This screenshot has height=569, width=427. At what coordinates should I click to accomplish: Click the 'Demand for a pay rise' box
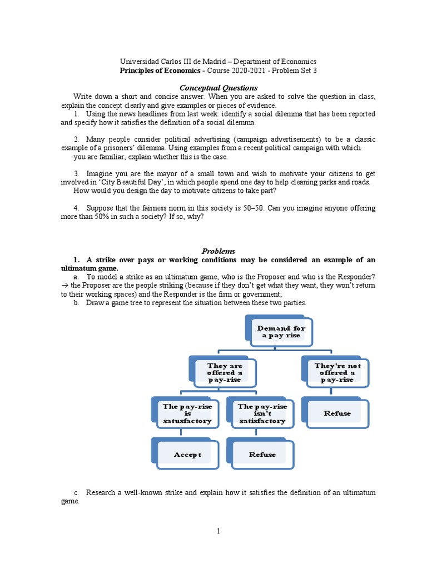point(281,332)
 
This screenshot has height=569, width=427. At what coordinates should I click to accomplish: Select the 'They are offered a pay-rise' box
point(225,373)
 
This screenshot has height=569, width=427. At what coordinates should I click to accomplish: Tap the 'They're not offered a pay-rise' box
point(337,373)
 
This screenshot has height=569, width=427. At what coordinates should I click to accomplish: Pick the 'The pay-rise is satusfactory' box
point(187,414)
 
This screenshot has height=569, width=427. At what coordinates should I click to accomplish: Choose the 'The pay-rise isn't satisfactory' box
point(262,414)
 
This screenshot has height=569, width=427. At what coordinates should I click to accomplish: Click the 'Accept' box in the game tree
point(187,455)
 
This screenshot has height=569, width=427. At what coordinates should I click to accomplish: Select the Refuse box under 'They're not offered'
point(337,413)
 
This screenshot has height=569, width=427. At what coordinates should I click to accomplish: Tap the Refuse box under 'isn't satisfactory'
point(262,455)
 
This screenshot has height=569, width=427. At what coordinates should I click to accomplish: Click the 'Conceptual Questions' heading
point(218,88)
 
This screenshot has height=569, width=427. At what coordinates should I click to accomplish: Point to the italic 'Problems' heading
point(219,251)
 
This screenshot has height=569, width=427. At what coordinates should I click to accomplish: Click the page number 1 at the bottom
point(219,531)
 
